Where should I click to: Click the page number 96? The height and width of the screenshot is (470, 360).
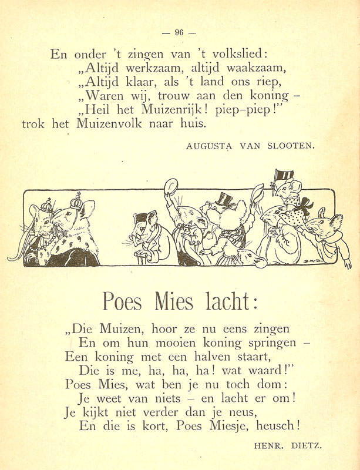coord(179,33)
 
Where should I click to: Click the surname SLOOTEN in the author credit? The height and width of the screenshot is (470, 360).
coord(290,147)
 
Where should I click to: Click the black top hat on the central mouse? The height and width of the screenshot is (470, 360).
coord(225,199)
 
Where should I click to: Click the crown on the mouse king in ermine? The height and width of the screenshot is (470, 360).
coord(76,201)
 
